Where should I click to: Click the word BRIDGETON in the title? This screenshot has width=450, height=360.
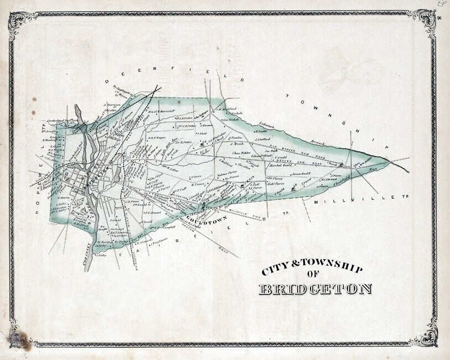coord(315,289)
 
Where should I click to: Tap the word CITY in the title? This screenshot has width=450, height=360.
coord(277,270)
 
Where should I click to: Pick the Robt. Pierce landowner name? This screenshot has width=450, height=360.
coord(276,183)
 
